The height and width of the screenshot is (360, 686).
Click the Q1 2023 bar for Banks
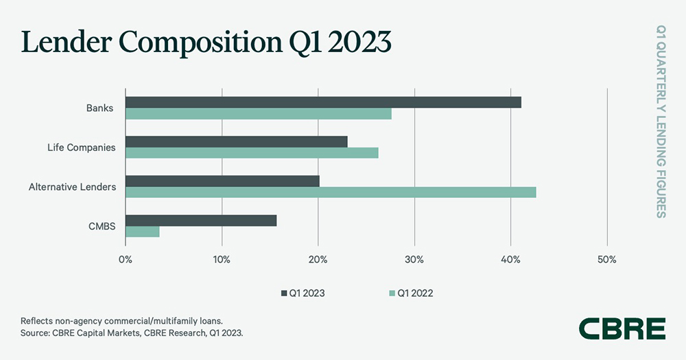click(x=323, y=102)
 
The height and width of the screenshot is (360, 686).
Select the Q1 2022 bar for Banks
click(x=259, y=114)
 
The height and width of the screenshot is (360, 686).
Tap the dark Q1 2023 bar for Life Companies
click(x=237, y=142)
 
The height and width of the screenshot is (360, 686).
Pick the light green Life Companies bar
click(x=252, y=153)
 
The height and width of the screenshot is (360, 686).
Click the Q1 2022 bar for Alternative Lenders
click(x=331, y=192)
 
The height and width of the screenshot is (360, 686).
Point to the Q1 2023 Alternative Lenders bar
click(x=222, y=181)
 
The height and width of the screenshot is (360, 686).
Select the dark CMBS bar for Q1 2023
click(x=201, y=220)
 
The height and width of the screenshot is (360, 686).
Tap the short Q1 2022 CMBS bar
click(x=143, y=232)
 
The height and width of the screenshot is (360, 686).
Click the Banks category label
click(x=100, y=108)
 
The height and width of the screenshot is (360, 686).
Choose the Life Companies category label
click(x=82, y=147)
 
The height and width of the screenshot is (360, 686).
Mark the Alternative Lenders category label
click(x=73, y=187)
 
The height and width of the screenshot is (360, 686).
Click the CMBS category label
click(x=102, y=226)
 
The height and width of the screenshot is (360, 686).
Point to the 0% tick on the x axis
click(x=126, y=260)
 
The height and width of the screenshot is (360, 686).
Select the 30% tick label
click(x=414, y=260)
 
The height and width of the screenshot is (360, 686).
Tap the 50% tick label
click(x=607, y=260)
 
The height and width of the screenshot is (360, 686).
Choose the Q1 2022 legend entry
click(x=411, y=293)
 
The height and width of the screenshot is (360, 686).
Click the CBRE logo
click(x=622, y=328)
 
